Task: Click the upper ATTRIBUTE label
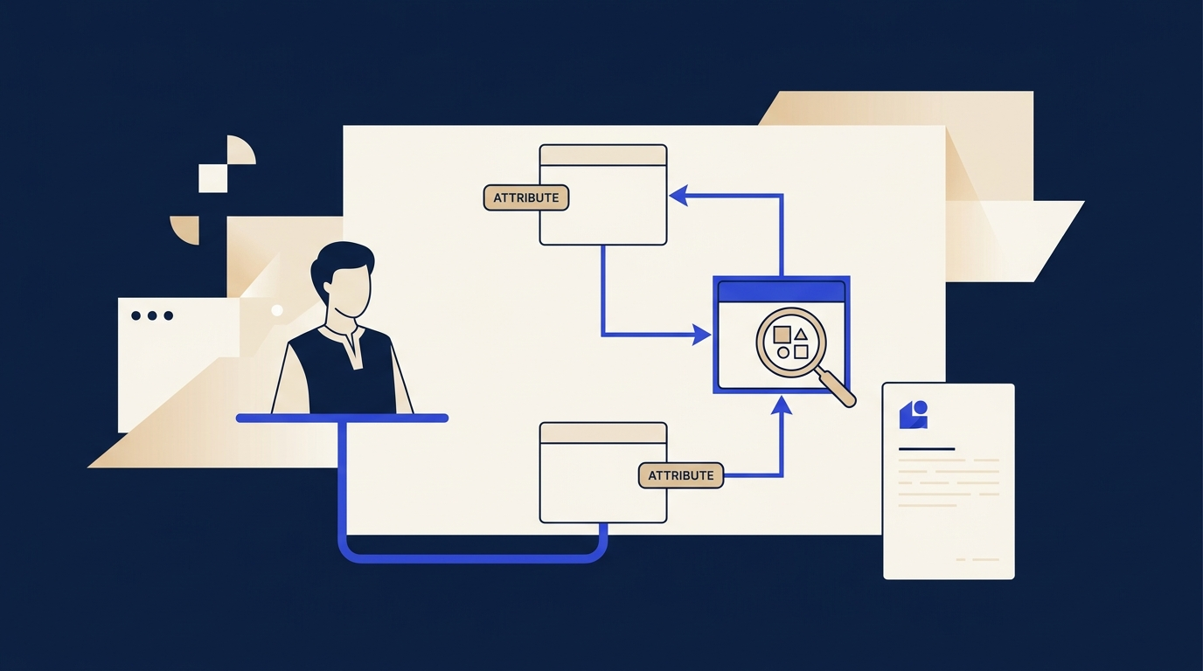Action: (x=525, y=197)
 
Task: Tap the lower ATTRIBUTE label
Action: (x=681, y=475)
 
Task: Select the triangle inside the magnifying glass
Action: (x=801, y=334)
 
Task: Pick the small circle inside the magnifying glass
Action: (x=783, y=353)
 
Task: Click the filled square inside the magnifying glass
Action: (x=782, y=335)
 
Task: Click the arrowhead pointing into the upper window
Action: (x=678, y=196)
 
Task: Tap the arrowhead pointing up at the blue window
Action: (x=782, y=405)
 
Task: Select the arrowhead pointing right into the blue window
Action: (x=702, y=335)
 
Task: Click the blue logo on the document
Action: (x=914, y=414)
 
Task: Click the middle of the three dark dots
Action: (x=152, y=315)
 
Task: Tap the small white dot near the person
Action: (x=277, y=310)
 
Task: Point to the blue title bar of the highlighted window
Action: (x=782, y=291)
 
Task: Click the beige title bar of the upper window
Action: (x=603, y=156)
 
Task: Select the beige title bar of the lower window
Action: (x=603, y=433)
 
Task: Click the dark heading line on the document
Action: (x=927, y=449)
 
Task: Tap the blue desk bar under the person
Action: (x=342, y=419)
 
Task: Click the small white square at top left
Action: (x=213, y=178)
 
